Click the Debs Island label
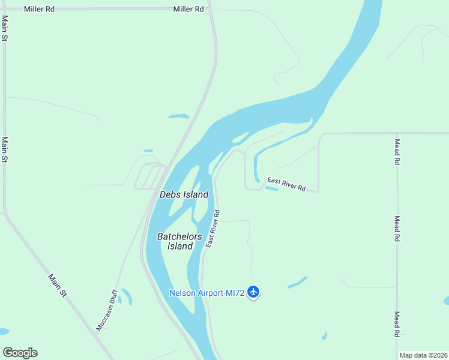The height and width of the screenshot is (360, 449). [184, 194]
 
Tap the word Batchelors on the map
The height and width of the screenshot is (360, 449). [179, 236]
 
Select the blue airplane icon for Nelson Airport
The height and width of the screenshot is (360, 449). [253, 292]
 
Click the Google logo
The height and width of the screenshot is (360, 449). [20, 353]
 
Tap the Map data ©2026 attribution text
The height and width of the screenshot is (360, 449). [423, 355]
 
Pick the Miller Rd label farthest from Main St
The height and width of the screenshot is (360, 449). [188, 10]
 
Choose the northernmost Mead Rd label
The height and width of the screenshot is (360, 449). [397, 152]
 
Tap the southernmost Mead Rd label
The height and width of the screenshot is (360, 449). [397, 325]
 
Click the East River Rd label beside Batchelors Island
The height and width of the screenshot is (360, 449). [212, 229]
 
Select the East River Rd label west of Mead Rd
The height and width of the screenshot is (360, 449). [286, 184]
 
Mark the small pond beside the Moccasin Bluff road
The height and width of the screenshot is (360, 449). [127, 296]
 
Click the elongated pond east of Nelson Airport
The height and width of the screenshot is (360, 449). [297, 282]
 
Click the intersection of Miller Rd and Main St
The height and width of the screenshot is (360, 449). [5, 10]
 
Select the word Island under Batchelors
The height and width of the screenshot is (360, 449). [179, 246]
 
